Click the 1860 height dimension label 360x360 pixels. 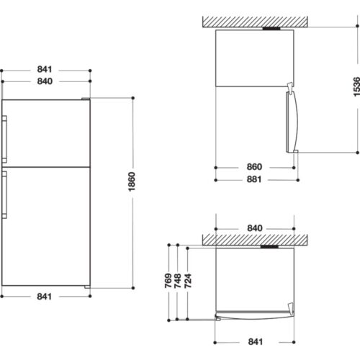(132, 181)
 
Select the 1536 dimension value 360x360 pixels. (356, 86)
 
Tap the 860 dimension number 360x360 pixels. (254, 167)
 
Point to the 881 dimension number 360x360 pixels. (254, 179)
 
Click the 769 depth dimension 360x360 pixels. (168, 281)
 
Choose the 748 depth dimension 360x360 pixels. (177, 281)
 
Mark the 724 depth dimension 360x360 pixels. (188, 281)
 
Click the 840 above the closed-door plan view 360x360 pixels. (255, 228)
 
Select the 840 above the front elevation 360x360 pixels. (45, 81)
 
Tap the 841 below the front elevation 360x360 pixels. (45, 297)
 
